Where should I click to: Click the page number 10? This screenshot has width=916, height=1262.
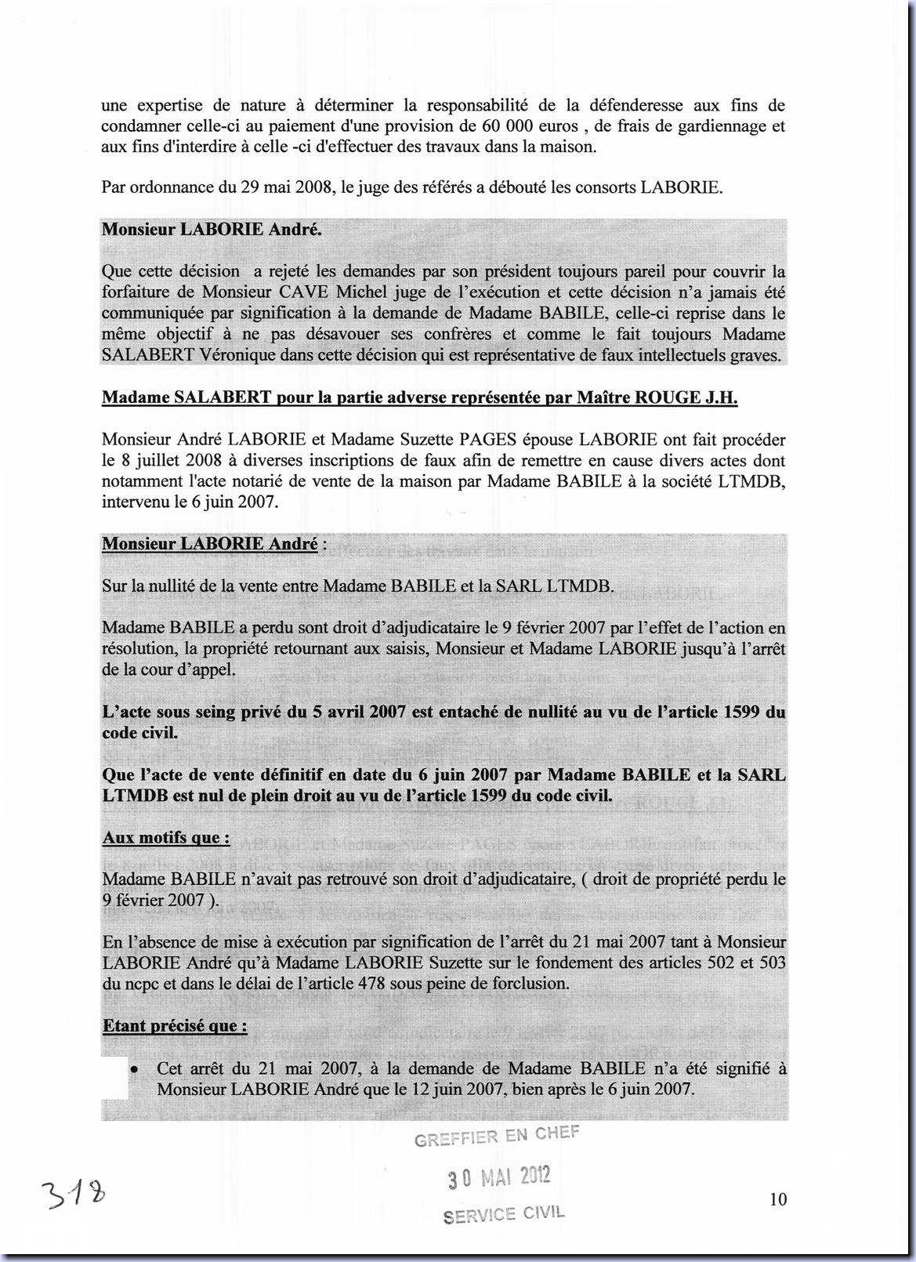click(778, 1199)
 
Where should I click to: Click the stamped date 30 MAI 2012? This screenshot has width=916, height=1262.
click(498, 1176)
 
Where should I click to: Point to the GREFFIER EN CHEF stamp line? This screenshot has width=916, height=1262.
click(497, 1136)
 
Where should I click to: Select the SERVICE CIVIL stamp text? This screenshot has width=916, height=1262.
click(503, 1213)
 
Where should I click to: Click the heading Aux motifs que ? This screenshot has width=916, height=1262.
click(166, 837)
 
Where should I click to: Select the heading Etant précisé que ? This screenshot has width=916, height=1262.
click(175, 1025)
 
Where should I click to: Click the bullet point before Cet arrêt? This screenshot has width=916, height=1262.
click(136, 1069)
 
